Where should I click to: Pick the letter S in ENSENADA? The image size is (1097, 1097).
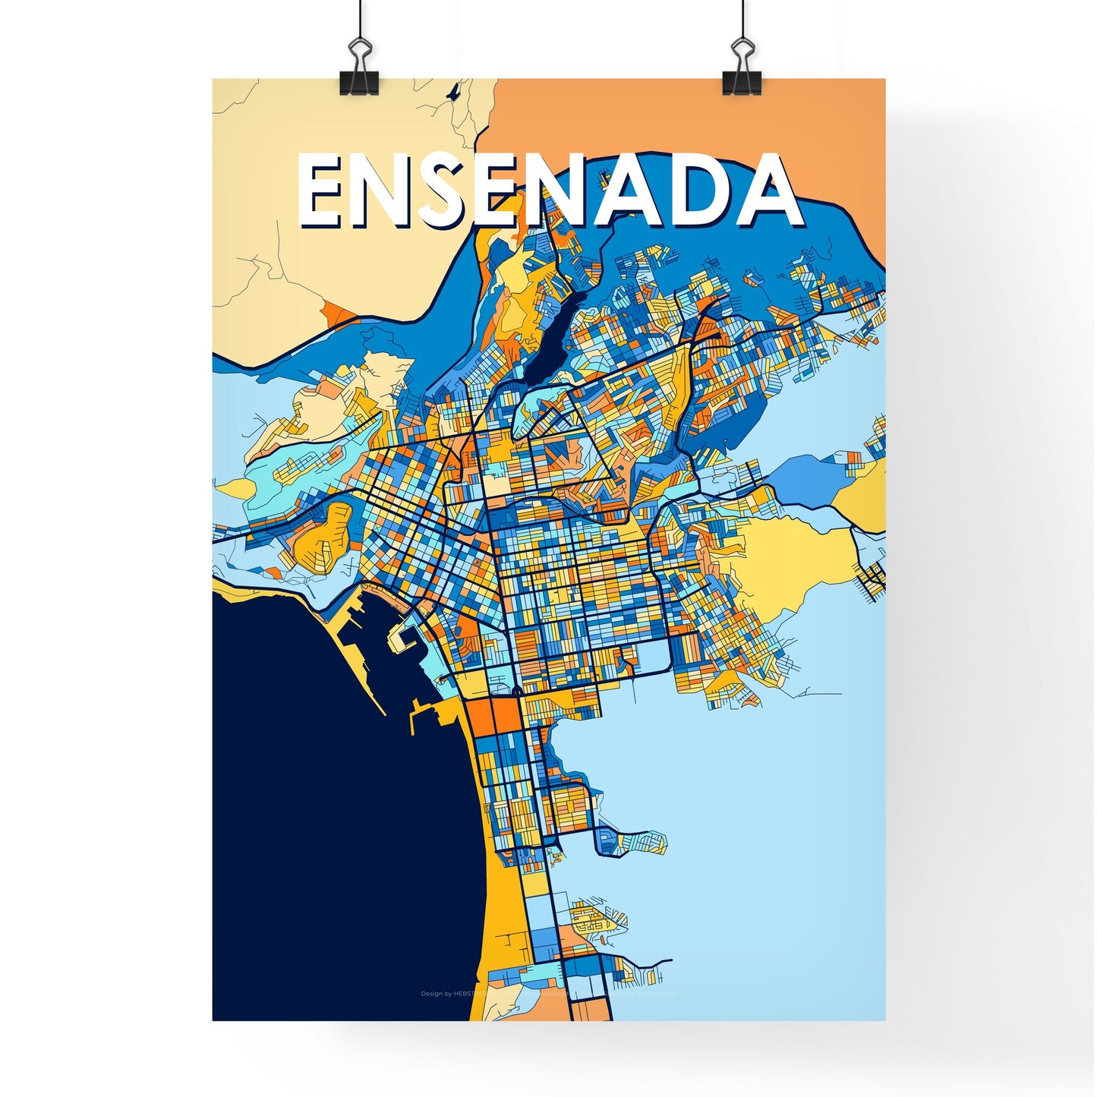(450, 189)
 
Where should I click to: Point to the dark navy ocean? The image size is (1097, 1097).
(326, 835)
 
